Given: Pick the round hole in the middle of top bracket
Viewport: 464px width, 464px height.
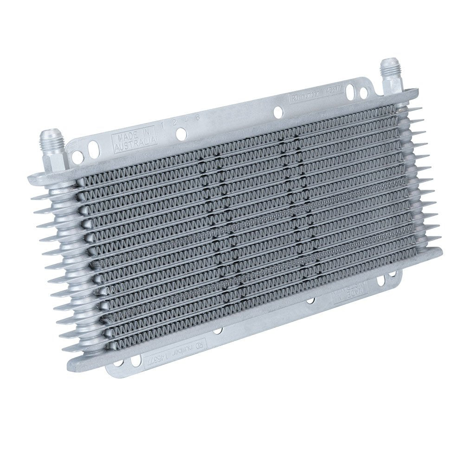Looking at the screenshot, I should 277,111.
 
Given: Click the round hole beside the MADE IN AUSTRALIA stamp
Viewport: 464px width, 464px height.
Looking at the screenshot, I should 181,134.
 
